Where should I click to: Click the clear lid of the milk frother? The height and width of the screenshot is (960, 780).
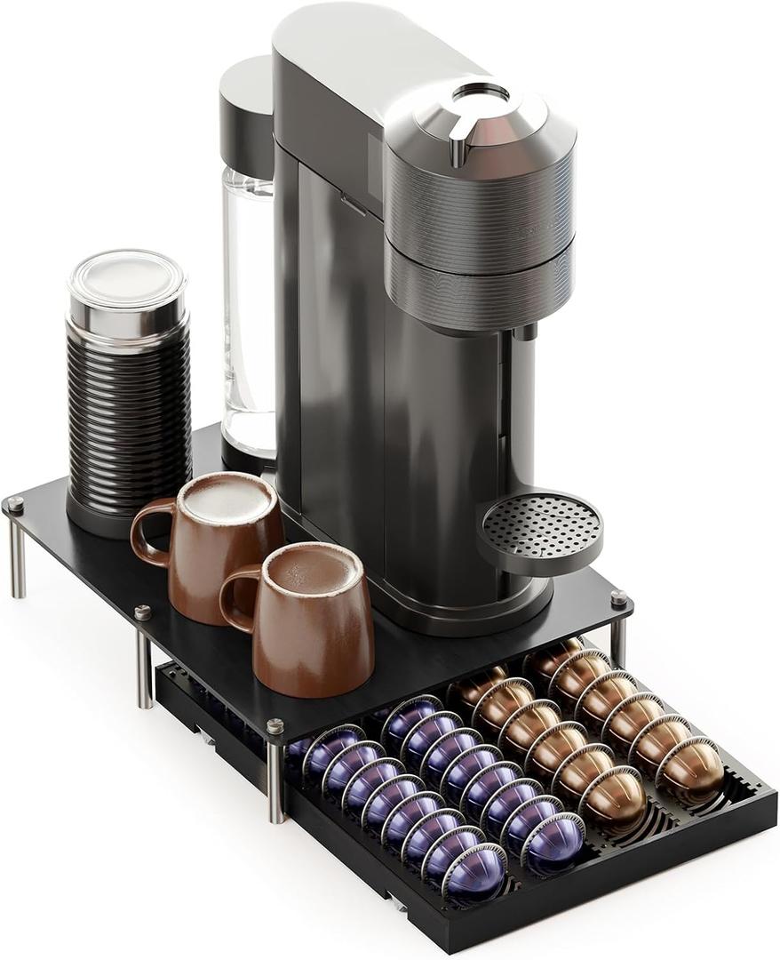tap(126, 277)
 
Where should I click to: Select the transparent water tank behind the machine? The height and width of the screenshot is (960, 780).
tap(248, 311)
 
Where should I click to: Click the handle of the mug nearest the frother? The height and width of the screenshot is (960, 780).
tap(149, 533)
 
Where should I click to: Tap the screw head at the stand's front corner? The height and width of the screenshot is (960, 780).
tap(275, 726)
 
